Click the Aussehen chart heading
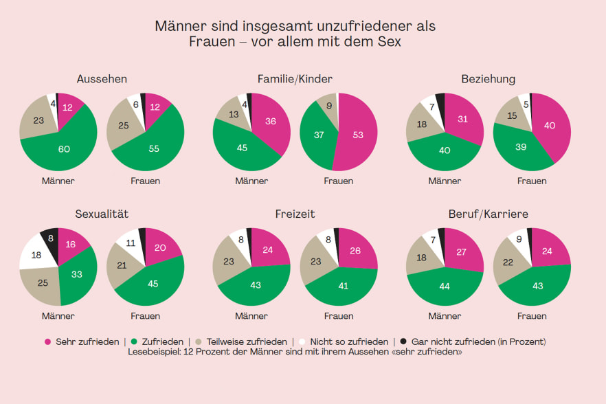pos(102,79)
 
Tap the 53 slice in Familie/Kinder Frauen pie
pos(358,135)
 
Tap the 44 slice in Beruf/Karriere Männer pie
pos(444,286)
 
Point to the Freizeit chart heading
pos(294,214)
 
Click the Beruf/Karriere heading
pos(489,214)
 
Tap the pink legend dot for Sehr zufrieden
pos(47,341)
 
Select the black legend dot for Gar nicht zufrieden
pos(403,341)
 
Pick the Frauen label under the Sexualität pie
pos(145,316)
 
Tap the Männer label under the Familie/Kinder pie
pos(251,181)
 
